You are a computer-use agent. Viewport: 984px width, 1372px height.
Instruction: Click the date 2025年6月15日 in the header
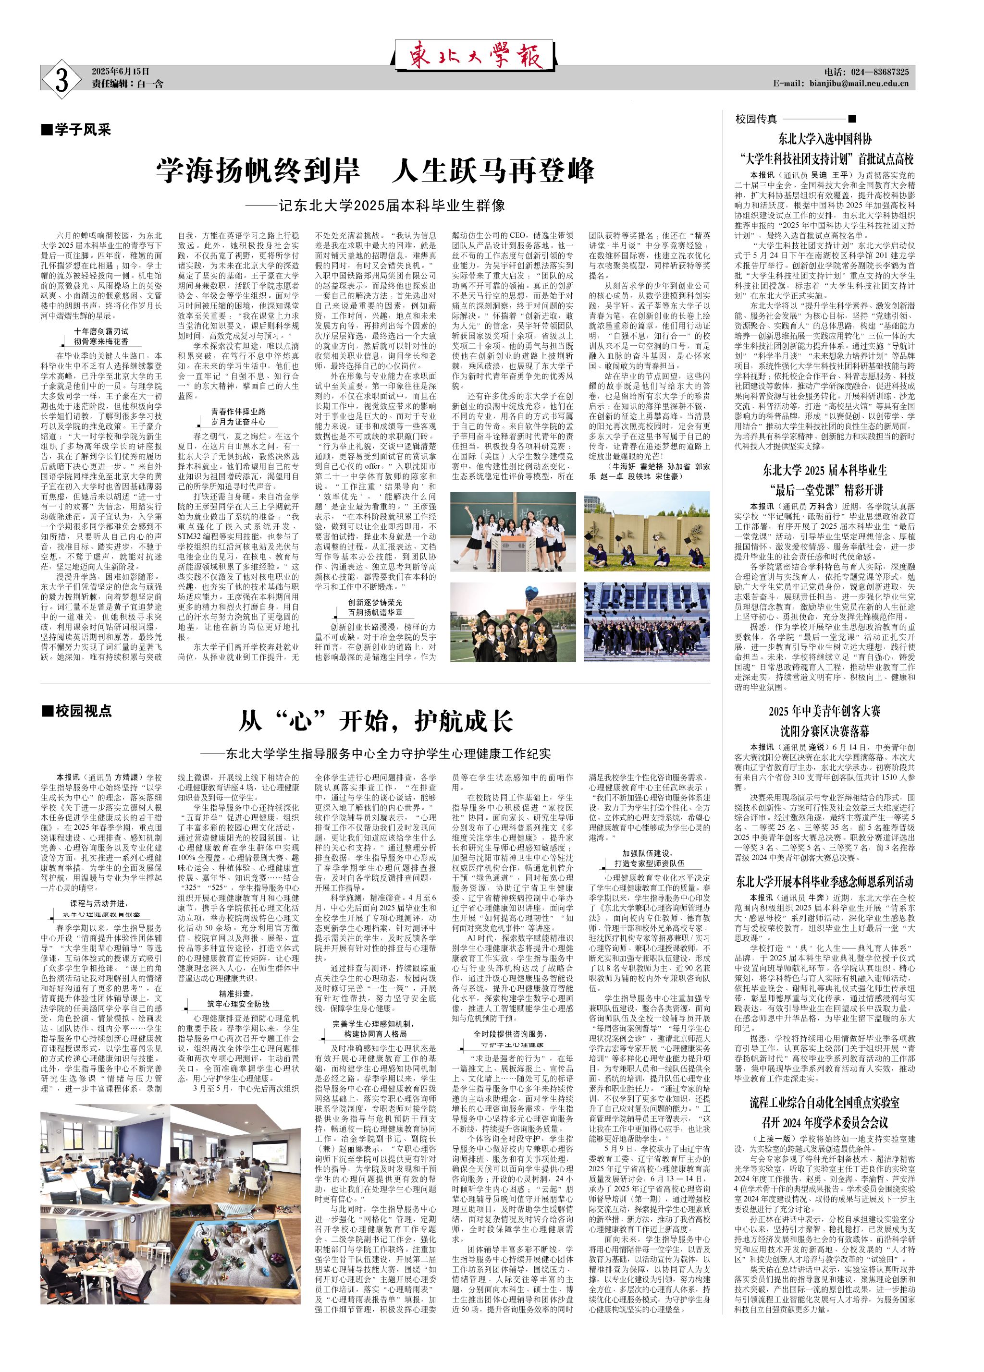121,72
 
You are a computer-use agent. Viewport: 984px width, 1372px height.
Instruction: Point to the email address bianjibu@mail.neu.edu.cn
859,84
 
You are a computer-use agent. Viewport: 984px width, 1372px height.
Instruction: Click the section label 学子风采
77,129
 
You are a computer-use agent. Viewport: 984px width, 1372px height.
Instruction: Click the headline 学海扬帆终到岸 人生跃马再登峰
375,171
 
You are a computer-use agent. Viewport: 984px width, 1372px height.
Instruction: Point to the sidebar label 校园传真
756,120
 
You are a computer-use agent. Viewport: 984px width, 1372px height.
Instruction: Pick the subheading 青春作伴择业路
238,412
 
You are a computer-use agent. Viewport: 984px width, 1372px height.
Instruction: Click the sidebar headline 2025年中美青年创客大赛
824,711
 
